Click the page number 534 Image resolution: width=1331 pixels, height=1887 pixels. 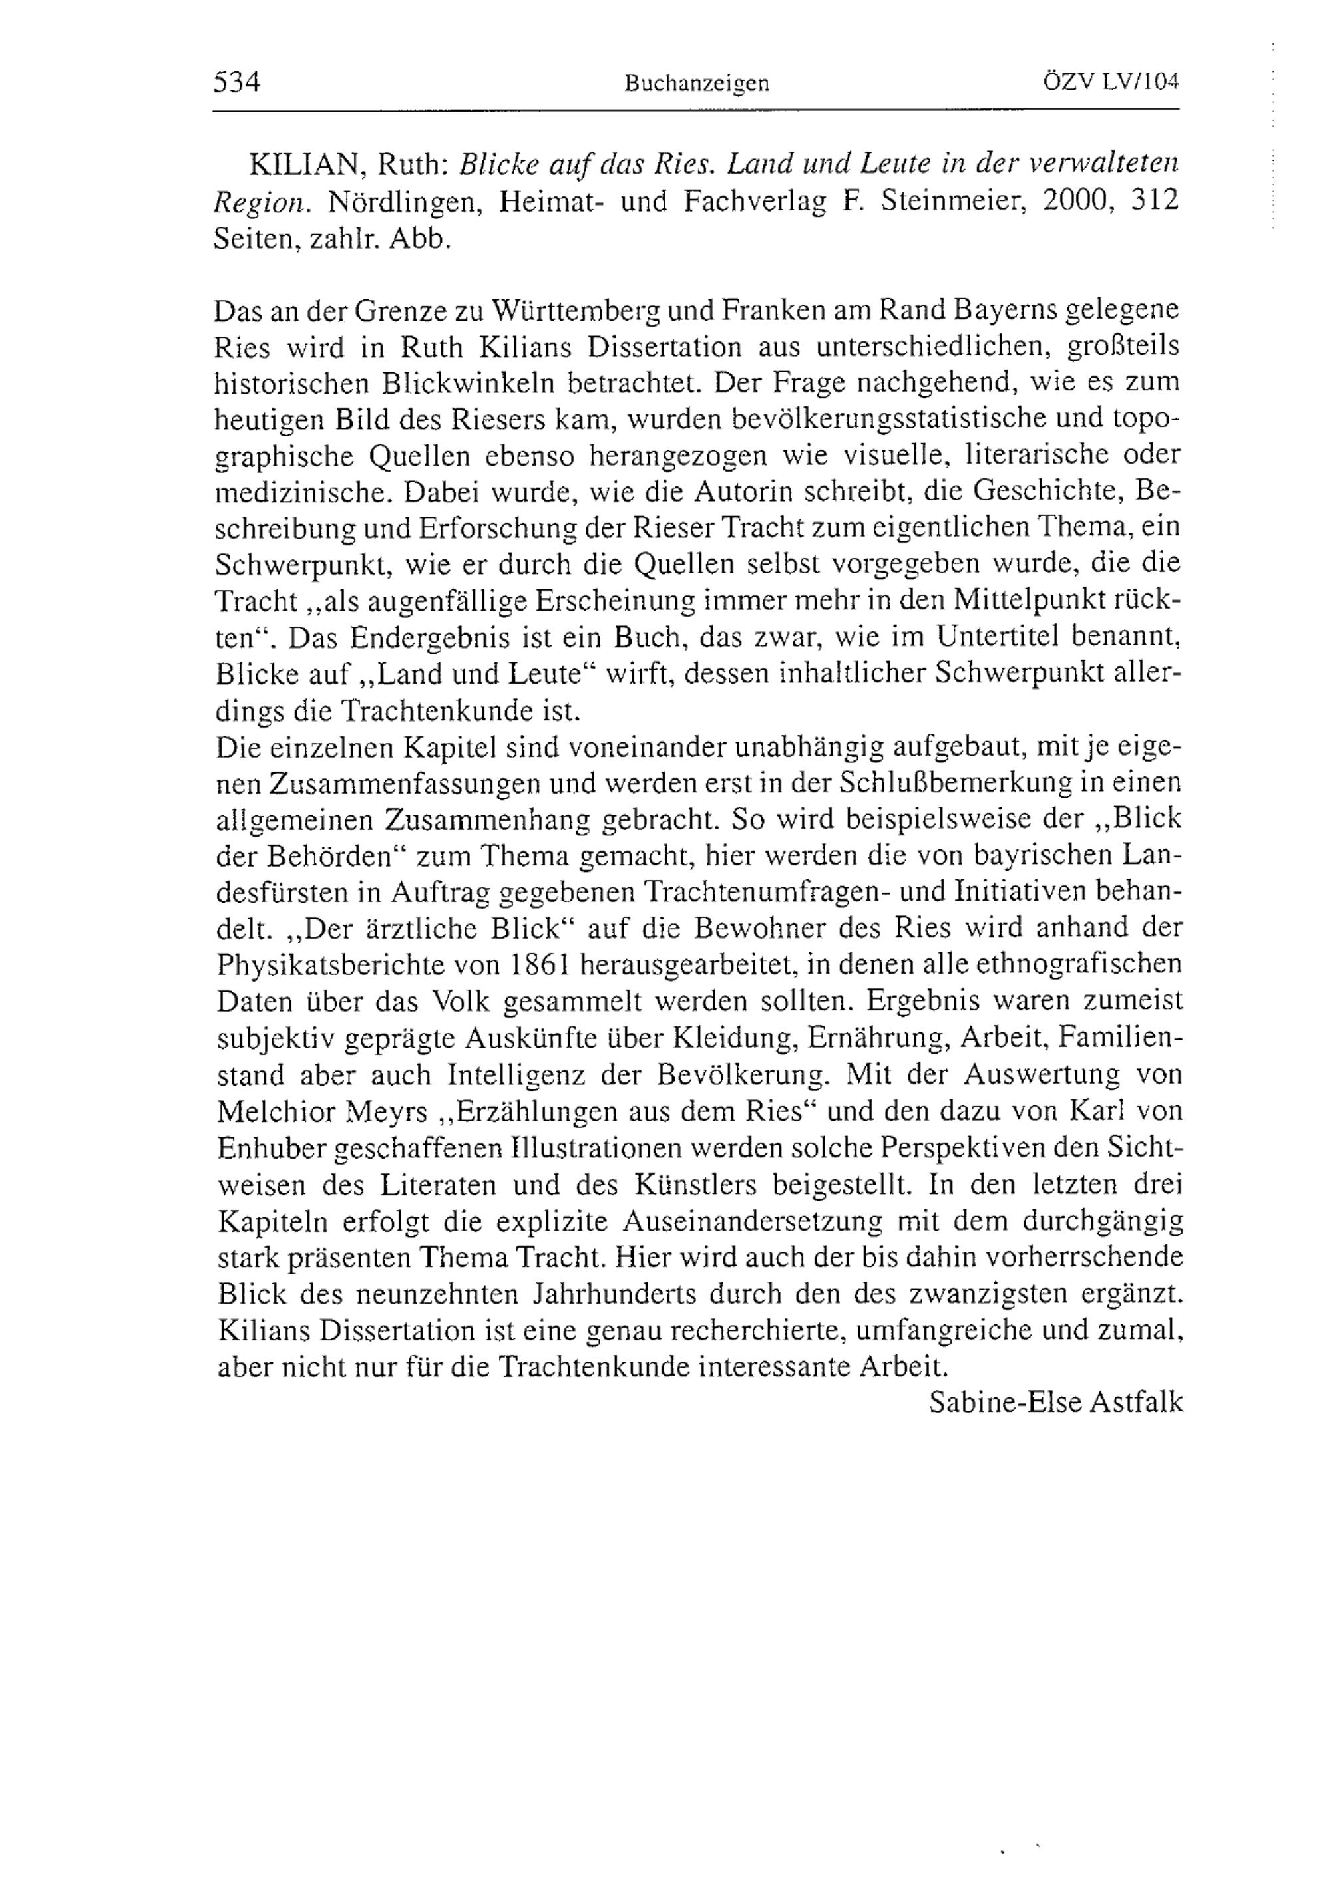(237, 82)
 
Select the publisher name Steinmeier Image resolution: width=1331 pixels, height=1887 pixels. (951, 202)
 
